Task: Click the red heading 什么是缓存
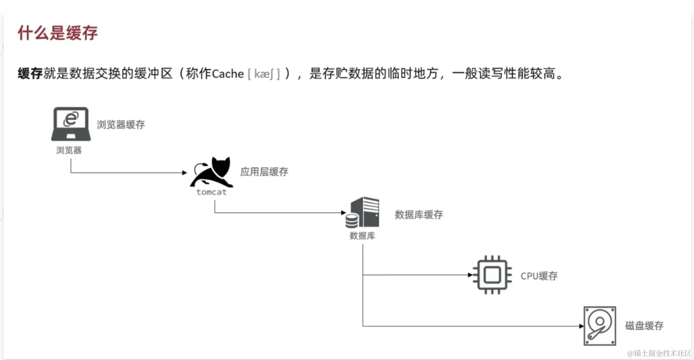pyautogui.click(x=57, y=33)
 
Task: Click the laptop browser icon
pyautogui.click(x=71, y=123)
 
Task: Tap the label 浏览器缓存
pyautogui.click(x=120, y=125)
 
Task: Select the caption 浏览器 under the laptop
pyautogui.click(x=69, y=150)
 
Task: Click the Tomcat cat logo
pyautogui.click(x=212, y=172)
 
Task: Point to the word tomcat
pyautogui.click(x=211, y=192)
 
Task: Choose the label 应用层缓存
pyautogui.click(x=264, y=172)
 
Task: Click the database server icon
pyautogui.click(x=363, y=212)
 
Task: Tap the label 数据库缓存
pyautogui.click(x=418, y=215)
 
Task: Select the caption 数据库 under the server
pyautogui.click(x=362, y=236)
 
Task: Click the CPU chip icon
pyautogui.click(x=492, y=275)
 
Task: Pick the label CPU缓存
pyautogui.click(x=539, y=276)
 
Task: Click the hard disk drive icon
pyautogui.click(x=600, y=326)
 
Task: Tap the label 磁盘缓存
pyautogui.click(x=644, y=326)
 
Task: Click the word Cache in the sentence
pyautogui.click(x=227, y=74)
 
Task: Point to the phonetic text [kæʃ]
pyautogui.click(x=264, y=74)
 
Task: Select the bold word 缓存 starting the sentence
pyautogui.click(x=30, y=74)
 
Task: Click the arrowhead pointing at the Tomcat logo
pyautogui.click(x=185, y=173)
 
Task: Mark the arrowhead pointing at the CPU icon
pyautogui.click(x=470, y=275)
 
